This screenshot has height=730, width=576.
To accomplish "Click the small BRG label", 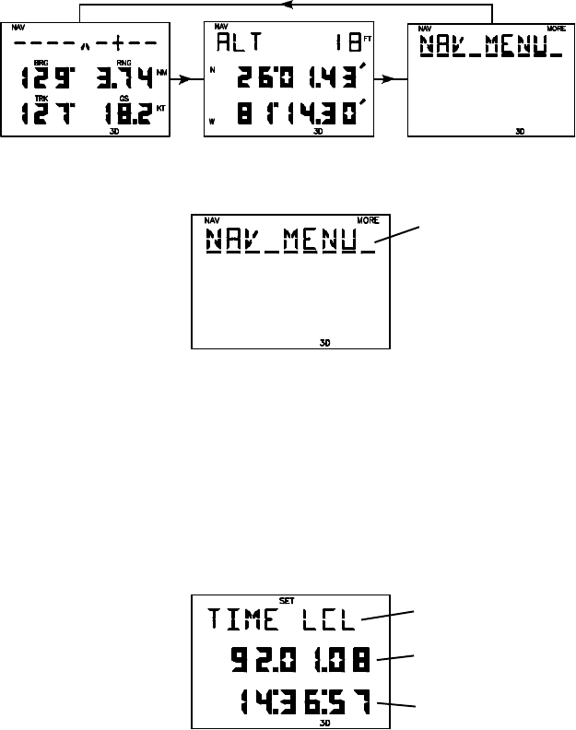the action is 40,63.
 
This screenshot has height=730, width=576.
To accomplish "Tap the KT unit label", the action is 162,108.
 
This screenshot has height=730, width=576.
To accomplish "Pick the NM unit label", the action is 163,71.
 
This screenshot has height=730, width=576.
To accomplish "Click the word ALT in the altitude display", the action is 236,43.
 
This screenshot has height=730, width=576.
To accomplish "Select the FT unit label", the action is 366,38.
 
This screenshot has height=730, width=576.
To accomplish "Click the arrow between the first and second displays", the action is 186,80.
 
